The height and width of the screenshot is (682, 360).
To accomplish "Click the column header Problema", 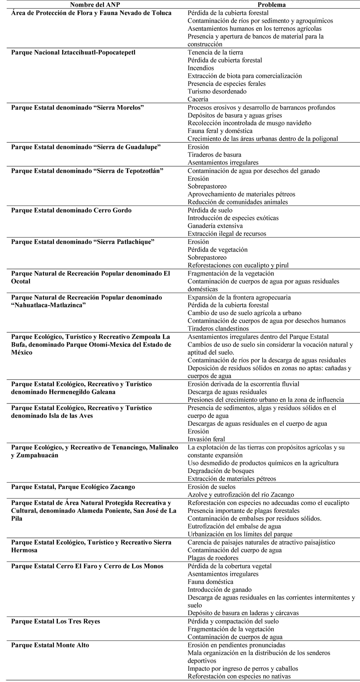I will pyautogui.click(x=271, y=5).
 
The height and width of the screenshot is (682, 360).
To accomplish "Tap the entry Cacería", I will pyautogui.click(x=198, y=99).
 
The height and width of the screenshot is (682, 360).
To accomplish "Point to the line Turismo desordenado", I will pyautogui.click(x=217, y=91).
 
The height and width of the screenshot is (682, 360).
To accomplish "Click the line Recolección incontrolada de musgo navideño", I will pyautogui.click(x=249, y=123).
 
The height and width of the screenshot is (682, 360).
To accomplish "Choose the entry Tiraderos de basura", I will pyautogui.click(x=215, y=155).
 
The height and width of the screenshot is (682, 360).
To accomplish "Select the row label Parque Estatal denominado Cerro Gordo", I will pyautogui.click(x=71, y=210).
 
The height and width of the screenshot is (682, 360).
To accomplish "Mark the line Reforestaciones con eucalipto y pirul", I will pyautogui.click(x=238, y=265).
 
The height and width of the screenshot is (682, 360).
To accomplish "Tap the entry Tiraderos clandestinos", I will pyautogui.click(x=218, y=328).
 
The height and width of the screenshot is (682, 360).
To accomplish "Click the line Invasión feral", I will pyautogui.click(x=206, y=439).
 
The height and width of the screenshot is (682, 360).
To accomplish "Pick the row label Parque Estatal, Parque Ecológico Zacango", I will pyautogui.click(x=73, y=487).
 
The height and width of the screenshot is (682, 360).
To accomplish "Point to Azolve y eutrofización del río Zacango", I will pyautogui.click(x=241, y=495).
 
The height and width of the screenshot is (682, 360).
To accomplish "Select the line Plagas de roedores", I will pyautogui.click(x=213, y=558).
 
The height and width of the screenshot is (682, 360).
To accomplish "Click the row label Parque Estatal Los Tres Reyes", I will pyautogui.click(x=56, y=621).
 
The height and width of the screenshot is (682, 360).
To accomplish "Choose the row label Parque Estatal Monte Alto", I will pyautogui.click(x=50, y=645).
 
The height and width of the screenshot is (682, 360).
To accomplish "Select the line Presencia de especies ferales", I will pyautogui.click(x=226, y=84).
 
